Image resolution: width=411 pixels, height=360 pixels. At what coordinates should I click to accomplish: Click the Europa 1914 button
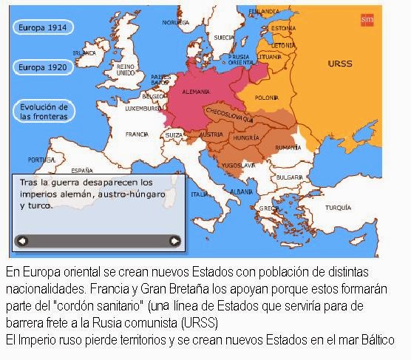coord(43,27)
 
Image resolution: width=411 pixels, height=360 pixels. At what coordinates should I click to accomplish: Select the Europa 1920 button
coord(43,67)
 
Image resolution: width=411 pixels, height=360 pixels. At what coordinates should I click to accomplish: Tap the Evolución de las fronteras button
coord(43,112)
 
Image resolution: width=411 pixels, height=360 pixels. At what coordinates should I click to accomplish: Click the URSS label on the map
coord(339,64)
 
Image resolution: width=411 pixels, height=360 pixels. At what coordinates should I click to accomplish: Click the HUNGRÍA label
coord(245,137)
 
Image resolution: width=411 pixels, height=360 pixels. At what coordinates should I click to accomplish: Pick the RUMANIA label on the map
coord(288,148)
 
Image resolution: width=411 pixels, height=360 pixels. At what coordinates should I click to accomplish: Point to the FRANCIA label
coord(137,135)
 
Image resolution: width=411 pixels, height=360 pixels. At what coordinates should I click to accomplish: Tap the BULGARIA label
coord(290,177)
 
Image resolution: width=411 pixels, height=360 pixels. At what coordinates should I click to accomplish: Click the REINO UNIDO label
coord(126,69)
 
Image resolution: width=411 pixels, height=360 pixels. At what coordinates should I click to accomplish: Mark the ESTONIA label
coord(283,28)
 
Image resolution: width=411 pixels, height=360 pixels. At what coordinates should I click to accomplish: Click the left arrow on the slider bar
coord(21,240)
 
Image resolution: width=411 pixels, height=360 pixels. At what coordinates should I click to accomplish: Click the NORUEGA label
coord(176,22)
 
